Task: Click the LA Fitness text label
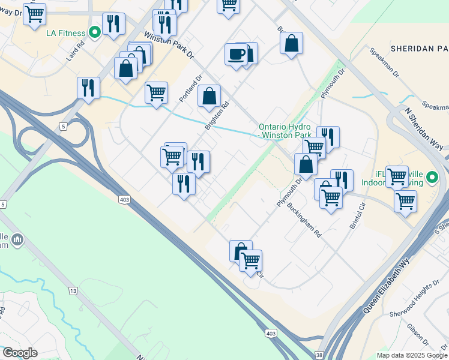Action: click(66, 32)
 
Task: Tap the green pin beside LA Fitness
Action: click(94, 32)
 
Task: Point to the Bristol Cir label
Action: click(358, 218)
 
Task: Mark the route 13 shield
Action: click(73, 291)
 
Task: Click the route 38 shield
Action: click(318, 355)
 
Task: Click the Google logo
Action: click(20, 353)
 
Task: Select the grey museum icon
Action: click(17, 240)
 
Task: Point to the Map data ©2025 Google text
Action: click(411, 355)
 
